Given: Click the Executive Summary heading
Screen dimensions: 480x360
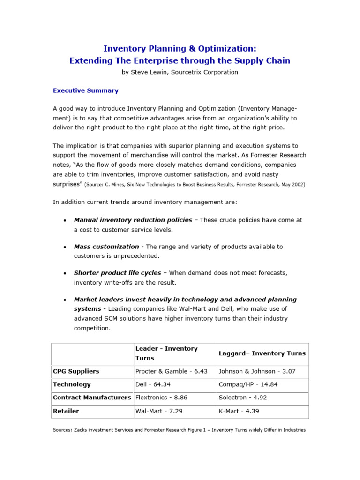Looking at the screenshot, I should click(85, 90).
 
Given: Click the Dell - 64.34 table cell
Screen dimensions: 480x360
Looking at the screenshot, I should click(152, 384).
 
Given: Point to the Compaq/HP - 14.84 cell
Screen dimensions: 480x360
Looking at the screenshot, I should click(245, 384).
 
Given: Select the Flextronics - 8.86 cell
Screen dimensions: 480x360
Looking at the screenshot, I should click(161, 397).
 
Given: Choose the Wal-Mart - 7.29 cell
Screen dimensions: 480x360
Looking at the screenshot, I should click(158, 411).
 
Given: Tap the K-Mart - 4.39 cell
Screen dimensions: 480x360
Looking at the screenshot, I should click(239, 411).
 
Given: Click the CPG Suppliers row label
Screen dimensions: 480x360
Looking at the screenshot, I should click(76, 371).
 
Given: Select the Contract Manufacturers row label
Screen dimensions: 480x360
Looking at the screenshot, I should click(92, 397).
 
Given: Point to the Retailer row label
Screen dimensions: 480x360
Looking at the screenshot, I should click(66, 411).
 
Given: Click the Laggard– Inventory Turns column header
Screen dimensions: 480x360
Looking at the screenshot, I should click(262, 353).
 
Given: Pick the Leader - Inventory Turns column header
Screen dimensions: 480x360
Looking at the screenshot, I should click(166, 353).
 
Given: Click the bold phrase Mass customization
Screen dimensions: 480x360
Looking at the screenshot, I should click(106, 247).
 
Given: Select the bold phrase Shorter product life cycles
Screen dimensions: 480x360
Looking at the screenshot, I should click(117, 273).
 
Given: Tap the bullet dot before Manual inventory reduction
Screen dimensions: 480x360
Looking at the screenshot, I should click(64, 220).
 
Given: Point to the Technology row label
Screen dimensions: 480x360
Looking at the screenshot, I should click(72, 384).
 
